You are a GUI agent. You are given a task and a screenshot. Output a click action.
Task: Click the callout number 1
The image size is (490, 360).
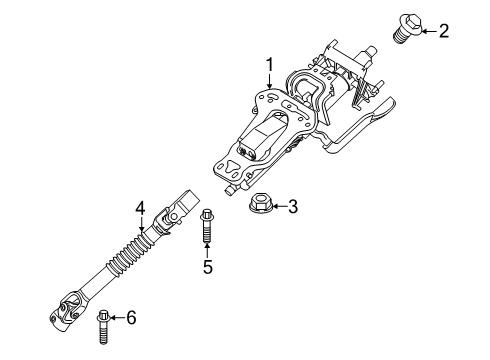coord(269,67)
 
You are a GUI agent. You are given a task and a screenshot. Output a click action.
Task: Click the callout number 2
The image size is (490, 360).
coord(443,31)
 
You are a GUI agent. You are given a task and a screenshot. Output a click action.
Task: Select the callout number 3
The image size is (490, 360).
coord(292,208)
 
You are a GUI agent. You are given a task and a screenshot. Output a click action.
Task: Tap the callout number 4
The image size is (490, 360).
coord(141,208)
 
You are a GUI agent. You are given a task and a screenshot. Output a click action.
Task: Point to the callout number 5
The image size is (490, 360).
coord(208,267)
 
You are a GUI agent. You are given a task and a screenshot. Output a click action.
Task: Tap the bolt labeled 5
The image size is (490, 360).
coord(208,227)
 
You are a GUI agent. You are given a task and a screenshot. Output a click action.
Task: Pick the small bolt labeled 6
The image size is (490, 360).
coord(102,323)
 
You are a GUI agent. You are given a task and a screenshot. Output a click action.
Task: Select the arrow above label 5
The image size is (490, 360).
coord(208,250)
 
